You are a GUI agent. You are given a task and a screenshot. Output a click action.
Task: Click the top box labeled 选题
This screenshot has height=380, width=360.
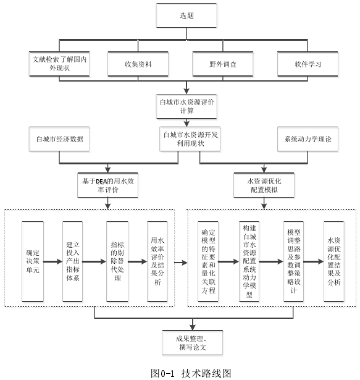186,15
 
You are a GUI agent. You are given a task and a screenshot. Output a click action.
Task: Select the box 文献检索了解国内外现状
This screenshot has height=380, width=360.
59,64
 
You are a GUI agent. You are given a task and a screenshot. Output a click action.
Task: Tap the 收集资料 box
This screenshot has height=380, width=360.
138,64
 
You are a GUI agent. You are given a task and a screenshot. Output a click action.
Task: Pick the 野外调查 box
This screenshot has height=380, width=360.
223,64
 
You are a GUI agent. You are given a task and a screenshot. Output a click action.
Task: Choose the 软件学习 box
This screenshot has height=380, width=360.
308,64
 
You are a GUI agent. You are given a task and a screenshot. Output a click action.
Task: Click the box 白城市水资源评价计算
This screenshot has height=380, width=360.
186,106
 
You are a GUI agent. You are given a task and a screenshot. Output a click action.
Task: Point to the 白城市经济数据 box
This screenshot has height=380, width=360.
59,139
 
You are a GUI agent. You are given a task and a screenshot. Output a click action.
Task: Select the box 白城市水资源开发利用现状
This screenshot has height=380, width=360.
190,139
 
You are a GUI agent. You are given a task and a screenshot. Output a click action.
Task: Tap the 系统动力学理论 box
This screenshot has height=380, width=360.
308,139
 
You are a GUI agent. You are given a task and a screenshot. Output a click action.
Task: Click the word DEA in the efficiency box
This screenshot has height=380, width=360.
101,181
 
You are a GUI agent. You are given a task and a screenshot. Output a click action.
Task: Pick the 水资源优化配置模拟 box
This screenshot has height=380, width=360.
264,185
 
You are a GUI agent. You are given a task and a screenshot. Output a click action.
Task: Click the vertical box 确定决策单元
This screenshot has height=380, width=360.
33,261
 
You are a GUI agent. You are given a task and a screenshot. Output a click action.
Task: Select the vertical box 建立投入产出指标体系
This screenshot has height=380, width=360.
73,261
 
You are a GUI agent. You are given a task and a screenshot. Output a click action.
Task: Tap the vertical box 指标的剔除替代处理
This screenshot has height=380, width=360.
117,261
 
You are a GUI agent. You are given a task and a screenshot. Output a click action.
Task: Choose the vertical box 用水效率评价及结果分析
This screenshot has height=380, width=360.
157,261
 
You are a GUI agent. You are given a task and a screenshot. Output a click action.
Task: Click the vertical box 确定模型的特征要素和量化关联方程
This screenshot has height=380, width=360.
208,261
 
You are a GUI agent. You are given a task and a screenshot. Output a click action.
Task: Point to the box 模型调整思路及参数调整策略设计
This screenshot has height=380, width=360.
294,261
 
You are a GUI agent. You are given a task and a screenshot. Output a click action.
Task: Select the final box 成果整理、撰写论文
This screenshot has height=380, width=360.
193,343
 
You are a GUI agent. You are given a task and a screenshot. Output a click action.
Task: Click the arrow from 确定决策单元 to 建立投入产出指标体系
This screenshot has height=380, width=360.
53,261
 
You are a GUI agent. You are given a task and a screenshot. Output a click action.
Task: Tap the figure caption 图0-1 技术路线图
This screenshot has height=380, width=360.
191,373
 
